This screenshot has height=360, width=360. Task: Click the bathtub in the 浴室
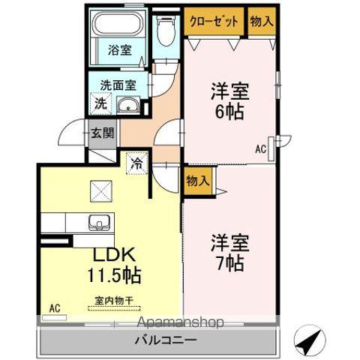(118, 24)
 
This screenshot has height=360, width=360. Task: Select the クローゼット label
(214, 21)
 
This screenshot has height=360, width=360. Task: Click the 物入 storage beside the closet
(262, 21)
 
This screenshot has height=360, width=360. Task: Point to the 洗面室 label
(118, 85)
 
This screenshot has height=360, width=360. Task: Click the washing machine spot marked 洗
(100, 103)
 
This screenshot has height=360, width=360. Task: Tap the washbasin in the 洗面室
(128, 105)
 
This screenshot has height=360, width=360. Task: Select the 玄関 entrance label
(102, 133)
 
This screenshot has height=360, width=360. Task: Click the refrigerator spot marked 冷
(137, 163)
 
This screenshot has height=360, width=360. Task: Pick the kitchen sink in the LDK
(99, 223)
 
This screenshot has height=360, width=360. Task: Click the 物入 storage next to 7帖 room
(199, 181)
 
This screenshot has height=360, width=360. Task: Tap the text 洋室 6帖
(230, 101)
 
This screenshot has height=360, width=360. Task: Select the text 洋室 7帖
(230, 253)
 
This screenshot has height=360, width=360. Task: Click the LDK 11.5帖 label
(114, 265)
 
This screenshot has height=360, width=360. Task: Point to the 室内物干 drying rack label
(113, 301)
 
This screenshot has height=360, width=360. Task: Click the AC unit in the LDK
(55, 318)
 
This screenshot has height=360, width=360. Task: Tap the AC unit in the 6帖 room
(271, 148)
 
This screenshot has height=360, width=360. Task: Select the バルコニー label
(166, 340)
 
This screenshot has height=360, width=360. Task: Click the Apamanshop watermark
(181, 322)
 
